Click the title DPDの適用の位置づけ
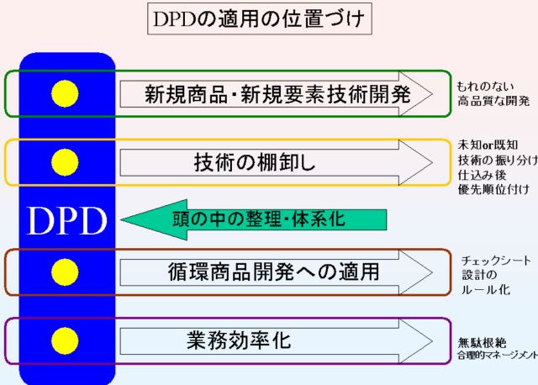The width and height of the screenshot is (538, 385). (x=259, y=18)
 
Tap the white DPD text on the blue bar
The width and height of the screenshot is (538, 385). (x=66, y=221)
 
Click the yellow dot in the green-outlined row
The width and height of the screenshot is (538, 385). (x=65, y=93)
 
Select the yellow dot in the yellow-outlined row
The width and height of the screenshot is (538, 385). (x=65, y=162)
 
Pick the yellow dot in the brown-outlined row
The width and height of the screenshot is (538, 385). (x=65, y=272)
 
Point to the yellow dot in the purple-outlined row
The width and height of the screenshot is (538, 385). (x=65, y=340)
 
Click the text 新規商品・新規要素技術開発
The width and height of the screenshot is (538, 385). (x=277, y=94)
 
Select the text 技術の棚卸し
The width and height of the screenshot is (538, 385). (x=255, y=162)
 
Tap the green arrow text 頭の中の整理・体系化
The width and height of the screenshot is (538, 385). (x=259, y=219)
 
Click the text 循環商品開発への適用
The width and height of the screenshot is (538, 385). (x=273, y=272)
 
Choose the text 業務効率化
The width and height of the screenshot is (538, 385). (x=239, y=340)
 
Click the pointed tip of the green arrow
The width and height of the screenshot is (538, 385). (x=121, y=219)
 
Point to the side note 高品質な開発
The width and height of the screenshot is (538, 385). (x=493, y=101)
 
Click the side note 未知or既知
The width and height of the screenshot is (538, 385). (x=488, y=145)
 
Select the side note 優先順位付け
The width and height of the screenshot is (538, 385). (x=493, y=189)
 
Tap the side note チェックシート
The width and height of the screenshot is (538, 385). (x=496, y=261)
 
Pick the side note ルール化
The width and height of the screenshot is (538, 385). (x=486, y=290)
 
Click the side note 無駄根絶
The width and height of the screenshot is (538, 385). (x=482, y=343)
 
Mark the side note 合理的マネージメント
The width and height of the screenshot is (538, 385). (x=498, y=355)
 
